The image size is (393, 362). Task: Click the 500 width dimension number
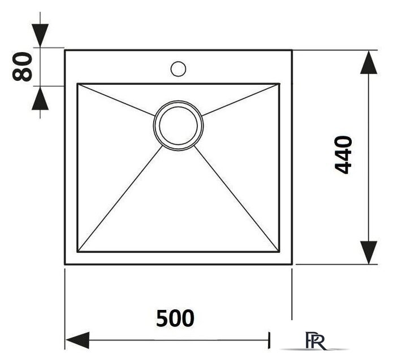175,318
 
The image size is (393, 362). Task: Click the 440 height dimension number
343,154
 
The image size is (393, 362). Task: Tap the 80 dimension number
22,67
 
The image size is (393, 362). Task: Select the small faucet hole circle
178,68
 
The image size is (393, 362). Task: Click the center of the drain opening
178,126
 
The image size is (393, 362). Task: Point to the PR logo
316,341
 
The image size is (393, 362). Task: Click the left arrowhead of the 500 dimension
77,340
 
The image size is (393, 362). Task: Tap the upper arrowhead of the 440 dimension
369,62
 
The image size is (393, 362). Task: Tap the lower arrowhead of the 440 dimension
369,252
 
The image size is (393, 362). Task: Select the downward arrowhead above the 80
40,35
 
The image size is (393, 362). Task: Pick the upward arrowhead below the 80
40,98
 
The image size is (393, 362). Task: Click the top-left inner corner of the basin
77,84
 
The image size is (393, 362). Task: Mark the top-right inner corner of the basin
279,84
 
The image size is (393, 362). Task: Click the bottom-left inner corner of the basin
77,252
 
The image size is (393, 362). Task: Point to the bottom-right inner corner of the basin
279,252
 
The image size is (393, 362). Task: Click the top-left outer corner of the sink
65,50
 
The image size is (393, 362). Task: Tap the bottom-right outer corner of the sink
292,264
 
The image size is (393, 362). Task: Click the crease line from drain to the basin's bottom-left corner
120,199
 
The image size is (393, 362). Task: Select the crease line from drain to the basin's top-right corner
240,100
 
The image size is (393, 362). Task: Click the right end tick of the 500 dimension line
269,340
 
